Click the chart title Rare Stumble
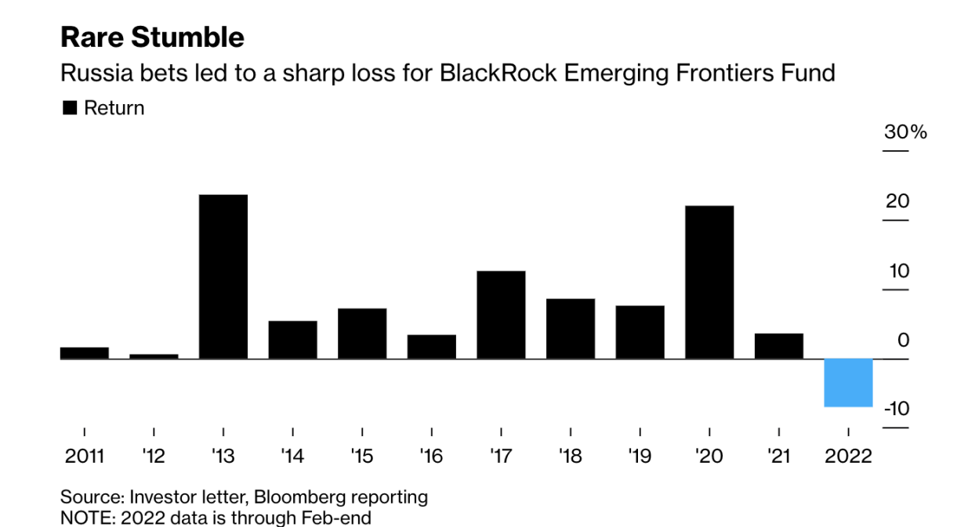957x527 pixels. (152, 38)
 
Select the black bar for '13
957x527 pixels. (223, 276)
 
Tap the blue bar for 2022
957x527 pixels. (848, 382)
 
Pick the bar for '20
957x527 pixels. (709, 282)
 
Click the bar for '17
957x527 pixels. (501, 315)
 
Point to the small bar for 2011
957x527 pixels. (85, 353)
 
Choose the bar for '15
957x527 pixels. (362, 334)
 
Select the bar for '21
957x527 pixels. (779, 346)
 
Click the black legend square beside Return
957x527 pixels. (70, 109)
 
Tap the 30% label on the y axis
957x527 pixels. (905, 132)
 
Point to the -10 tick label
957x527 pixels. (896, 410)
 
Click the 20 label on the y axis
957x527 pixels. (898, 202)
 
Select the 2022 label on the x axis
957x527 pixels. (848, 457)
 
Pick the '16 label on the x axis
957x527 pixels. (431, 457)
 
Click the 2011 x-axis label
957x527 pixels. (84, 457)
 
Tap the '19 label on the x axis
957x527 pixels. (640, 457)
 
